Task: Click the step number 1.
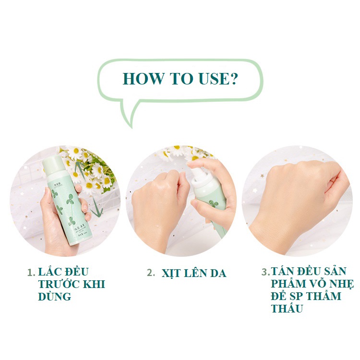(30, 272)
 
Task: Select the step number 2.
(151, 273)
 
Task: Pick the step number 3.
(265, 272)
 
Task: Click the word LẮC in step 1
(52, 272)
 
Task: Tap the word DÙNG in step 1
(54, 297)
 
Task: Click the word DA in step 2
(217, 273)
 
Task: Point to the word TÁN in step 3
(284, 271)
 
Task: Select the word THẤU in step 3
(287, 309)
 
